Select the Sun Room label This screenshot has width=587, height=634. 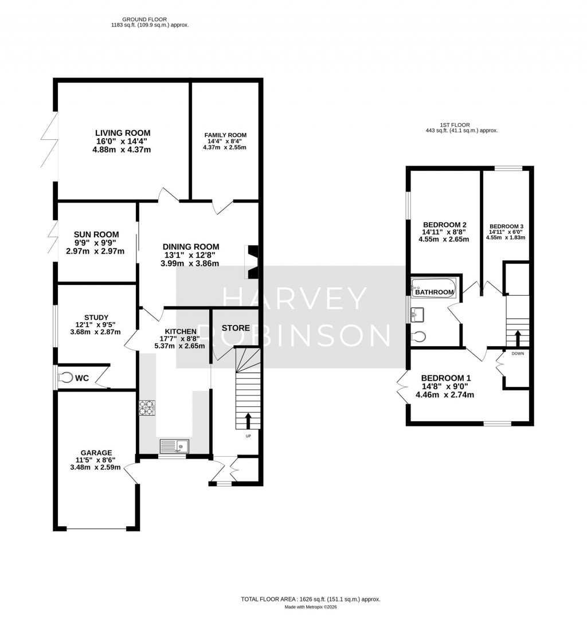[x=96, y=234]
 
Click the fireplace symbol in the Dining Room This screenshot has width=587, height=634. [x=252, y=262]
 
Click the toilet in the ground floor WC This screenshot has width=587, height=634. [x=66, y=378]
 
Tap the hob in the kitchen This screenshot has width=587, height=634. [x=146, y=407]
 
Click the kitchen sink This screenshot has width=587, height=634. [x=174, y=445]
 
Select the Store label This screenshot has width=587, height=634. [x=236, y=328]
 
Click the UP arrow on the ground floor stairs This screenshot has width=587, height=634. [x=248, y=420]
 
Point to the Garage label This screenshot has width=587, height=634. [x=96, y=452]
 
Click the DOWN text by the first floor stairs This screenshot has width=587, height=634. [x=518, y=354]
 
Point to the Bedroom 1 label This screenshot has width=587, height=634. [x=446, y=378]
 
